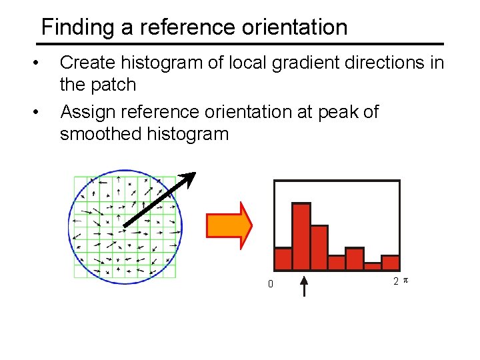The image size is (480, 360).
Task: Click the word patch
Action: [115, 85]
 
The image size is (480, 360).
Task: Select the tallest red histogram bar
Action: [301, 236]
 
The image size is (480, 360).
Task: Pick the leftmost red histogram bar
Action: [283, 259]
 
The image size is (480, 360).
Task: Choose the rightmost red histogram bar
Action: [390, 263]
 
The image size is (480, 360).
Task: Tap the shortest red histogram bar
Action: [372, 266]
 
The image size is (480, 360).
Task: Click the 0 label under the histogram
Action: [270, 284]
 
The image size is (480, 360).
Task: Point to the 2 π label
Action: [400, 281]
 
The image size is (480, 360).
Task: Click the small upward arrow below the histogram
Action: [305, 287]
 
